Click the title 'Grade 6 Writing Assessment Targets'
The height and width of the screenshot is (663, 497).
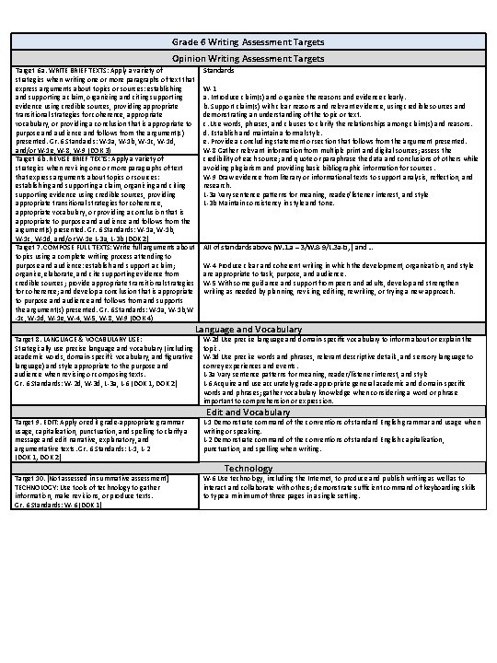coord(248,43)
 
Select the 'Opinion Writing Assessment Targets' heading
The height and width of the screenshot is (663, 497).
coord(248,57)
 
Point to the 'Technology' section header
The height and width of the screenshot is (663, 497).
coord(248,468)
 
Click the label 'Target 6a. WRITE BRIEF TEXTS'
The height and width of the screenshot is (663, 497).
coord(55,69)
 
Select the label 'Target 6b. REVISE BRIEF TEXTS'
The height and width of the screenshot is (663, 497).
coord(56,158)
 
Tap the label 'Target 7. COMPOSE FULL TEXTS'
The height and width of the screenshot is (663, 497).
coord(57,248)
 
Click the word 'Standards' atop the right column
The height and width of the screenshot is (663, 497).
coord(218,69)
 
